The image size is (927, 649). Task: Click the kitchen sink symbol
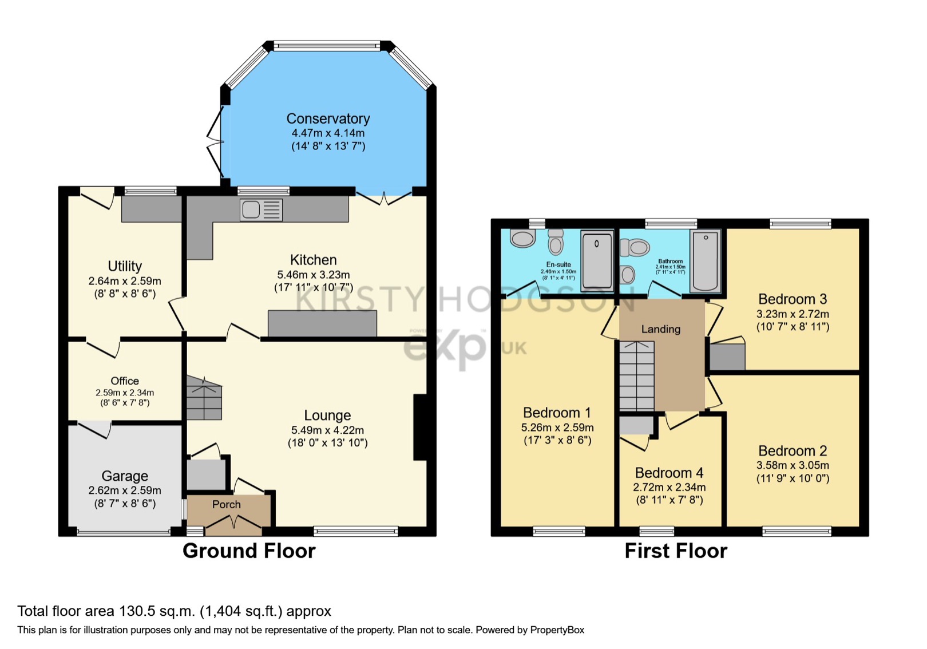tap(261, 210)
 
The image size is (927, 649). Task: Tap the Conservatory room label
tap(328, 118)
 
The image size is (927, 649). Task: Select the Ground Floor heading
tap(249, 551)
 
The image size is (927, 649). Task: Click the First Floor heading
tap(675, 551)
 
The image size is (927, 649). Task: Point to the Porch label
tap(227, 504)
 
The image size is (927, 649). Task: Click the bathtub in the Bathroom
tap(705, 261)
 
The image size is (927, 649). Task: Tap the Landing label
tap(660, 329)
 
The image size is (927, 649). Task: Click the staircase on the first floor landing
tap(636, 375)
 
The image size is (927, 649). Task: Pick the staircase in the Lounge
tap(204, 398)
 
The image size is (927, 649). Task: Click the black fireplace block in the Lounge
tap(420, 427)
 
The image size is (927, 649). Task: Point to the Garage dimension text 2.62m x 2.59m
tap(125, 490)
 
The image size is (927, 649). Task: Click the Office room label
tap(125, 381)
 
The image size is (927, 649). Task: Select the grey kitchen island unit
tap(322, 323)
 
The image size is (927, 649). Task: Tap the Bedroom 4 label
tap(669, 473)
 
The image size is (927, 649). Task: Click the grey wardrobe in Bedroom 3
tap(727, 357)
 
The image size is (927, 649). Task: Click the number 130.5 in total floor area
tap(137, 611)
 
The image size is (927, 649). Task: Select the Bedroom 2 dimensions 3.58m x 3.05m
tap(793, 465)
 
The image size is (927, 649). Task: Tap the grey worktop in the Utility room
tap(151, 209)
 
